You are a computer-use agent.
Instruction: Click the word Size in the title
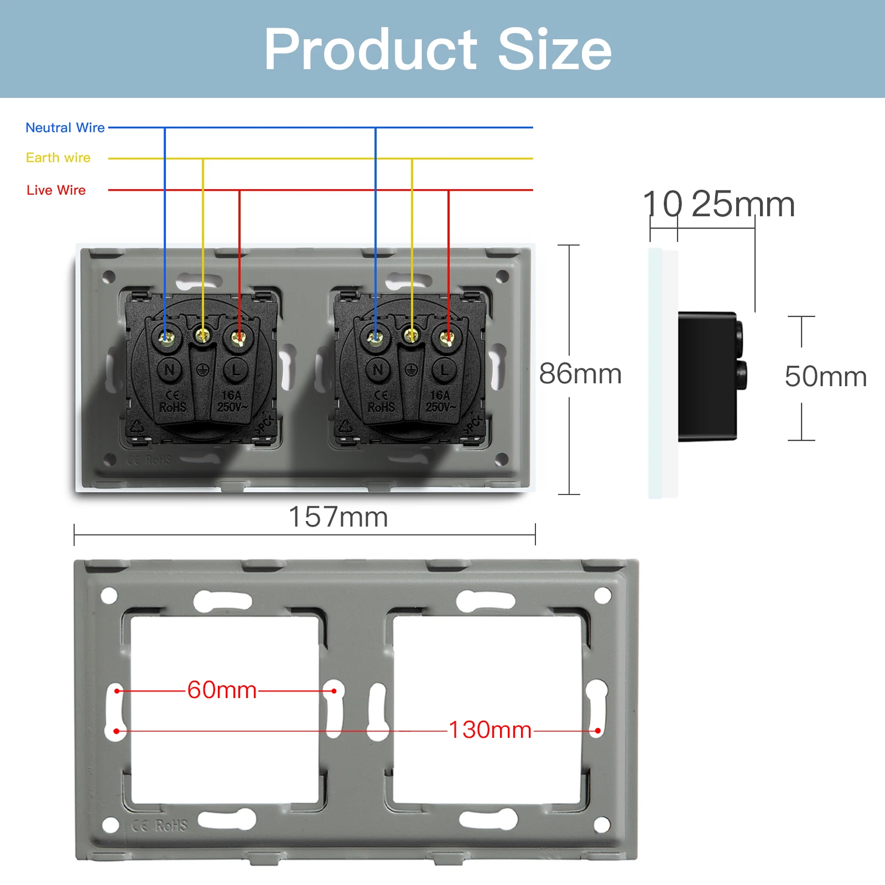[x=555, y=50]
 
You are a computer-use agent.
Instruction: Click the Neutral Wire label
[x=65, y=128]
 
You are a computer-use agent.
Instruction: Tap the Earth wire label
[x=58, y=158]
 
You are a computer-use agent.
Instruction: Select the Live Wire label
[x=56, y=190]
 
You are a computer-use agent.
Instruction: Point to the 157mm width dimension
[x=338, y=517]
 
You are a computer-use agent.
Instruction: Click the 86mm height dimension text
[x=580, y=374]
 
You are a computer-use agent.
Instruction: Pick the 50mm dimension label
[x=825, y=377]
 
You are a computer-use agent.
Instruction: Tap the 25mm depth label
[x=743, y=204]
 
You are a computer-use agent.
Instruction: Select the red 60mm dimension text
[x=222, y=690]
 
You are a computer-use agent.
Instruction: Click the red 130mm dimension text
[x=490, y=730]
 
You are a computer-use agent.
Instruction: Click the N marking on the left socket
[x=170, y=369]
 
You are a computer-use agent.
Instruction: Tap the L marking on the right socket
[x=444, y=369]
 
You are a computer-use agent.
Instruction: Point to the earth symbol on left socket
[x=203, y=370]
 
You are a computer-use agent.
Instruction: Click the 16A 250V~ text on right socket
[x=440, y=402]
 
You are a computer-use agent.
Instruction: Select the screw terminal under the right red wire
[x=447, y=336]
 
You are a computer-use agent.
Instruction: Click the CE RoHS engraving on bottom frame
[x=160, y=826]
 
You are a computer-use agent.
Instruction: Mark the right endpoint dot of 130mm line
[x=598, y=731]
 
